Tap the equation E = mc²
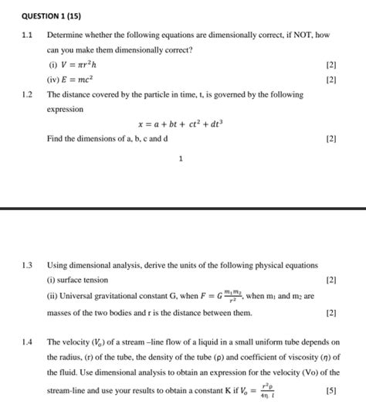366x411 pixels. (85, 80)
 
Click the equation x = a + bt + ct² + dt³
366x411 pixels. (180, 124)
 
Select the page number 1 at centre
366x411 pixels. (180, 159)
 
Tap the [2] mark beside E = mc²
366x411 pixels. (331, 80)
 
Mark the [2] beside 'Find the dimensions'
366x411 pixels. (331, 139)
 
